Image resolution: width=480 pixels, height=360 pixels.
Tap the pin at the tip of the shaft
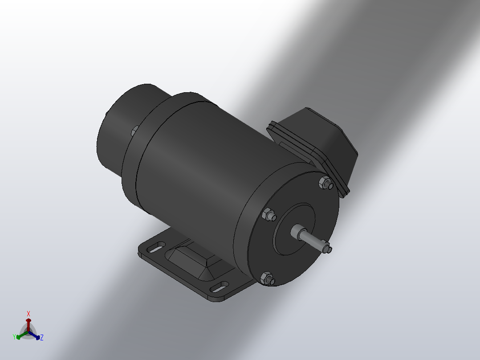327,249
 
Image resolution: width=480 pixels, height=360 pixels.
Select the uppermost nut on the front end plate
325,183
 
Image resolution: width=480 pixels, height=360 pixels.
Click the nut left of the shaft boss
269,215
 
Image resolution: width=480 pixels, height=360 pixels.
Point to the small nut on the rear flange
134,131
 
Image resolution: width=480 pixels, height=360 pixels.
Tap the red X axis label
28,314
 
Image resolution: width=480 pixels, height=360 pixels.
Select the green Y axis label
15,337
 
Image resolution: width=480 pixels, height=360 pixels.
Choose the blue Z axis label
41,338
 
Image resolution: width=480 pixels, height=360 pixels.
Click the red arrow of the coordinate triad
28,323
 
